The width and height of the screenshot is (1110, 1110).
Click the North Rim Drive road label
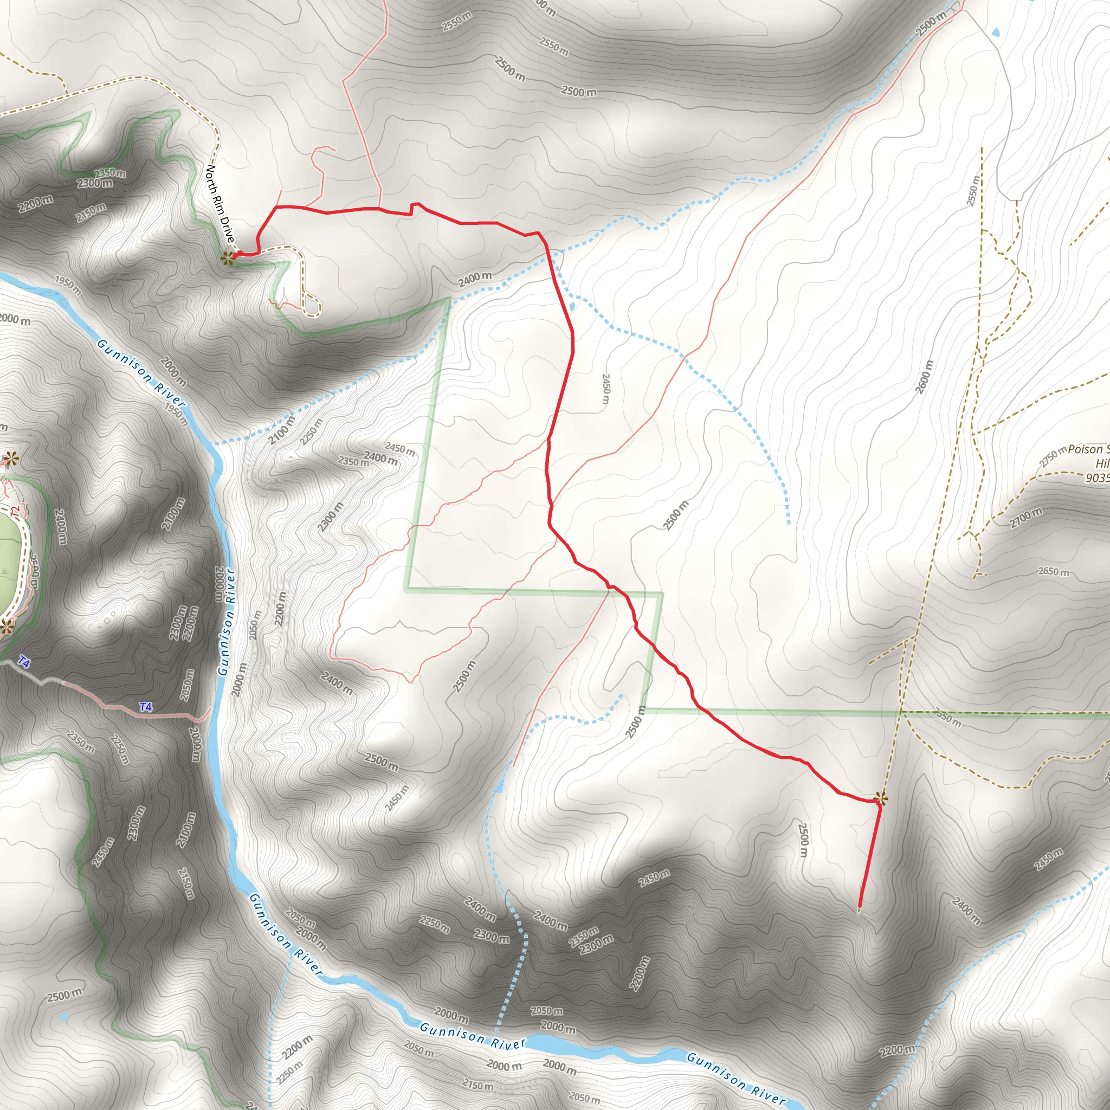click(x=220, y=204)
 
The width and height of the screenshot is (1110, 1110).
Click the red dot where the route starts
click(x=236, y=255)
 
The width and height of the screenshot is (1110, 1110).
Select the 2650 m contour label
click(x=1054, y=572)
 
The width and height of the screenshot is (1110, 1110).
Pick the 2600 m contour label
click(x=925, y=377)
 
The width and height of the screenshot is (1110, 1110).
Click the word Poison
click(x=1088, y=449)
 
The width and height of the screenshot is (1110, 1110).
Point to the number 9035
click(x=1098, y=478)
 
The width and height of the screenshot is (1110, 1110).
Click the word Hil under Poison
click(x=1102, y=463)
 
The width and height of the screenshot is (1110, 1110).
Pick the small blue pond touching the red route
click(x=572, y=306)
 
